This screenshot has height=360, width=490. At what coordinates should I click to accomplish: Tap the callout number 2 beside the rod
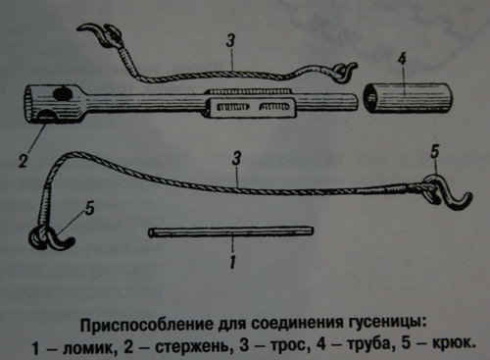(23, 161)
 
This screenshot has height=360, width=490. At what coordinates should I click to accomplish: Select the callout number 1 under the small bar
(232, 262)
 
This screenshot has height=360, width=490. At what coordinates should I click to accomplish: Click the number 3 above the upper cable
(231, 42)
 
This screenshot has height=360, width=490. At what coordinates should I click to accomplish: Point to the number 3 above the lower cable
(236, 159)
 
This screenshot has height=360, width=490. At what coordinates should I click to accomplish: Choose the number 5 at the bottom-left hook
(90, 208)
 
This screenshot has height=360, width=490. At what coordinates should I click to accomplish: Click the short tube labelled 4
(408, 98)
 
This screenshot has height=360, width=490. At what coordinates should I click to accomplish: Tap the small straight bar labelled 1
(231, 231)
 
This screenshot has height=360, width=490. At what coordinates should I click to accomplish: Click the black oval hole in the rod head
(63, 93)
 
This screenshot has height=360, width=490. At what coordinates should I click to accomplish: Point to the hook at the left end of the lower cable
(51, 238)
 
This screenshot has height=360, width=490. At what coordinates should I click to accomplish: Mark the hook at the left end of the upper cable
(100, 34)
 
